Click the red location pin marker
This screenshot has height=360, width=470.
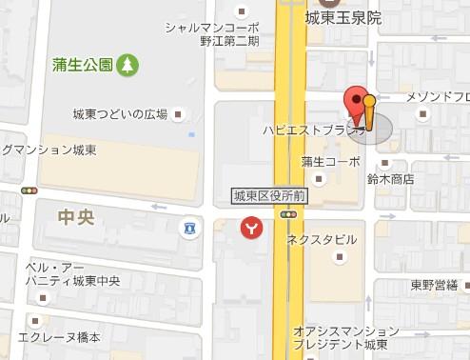point(357,101)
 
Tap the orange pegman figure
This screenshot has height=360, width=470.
point(369,111)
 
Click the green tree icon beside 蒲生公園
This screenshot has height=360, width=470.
point(127,66)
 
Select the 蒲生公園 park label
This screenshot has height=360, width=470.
point(84,66)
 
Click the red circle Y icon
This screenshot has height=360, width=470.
point(249,228)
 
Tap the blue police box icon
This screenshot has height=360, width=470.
point(190,229)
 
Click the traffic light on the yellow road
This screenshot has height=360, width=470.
point(287,214)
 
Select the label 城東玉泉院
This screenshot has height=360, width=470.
point(343,18)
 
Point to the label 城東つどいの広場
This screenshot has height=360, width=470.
point(120,114)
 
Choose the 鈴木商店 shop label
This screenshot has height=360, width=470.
point(390,178)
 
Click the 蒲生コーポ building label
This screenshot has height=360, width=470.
point(330,161)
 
